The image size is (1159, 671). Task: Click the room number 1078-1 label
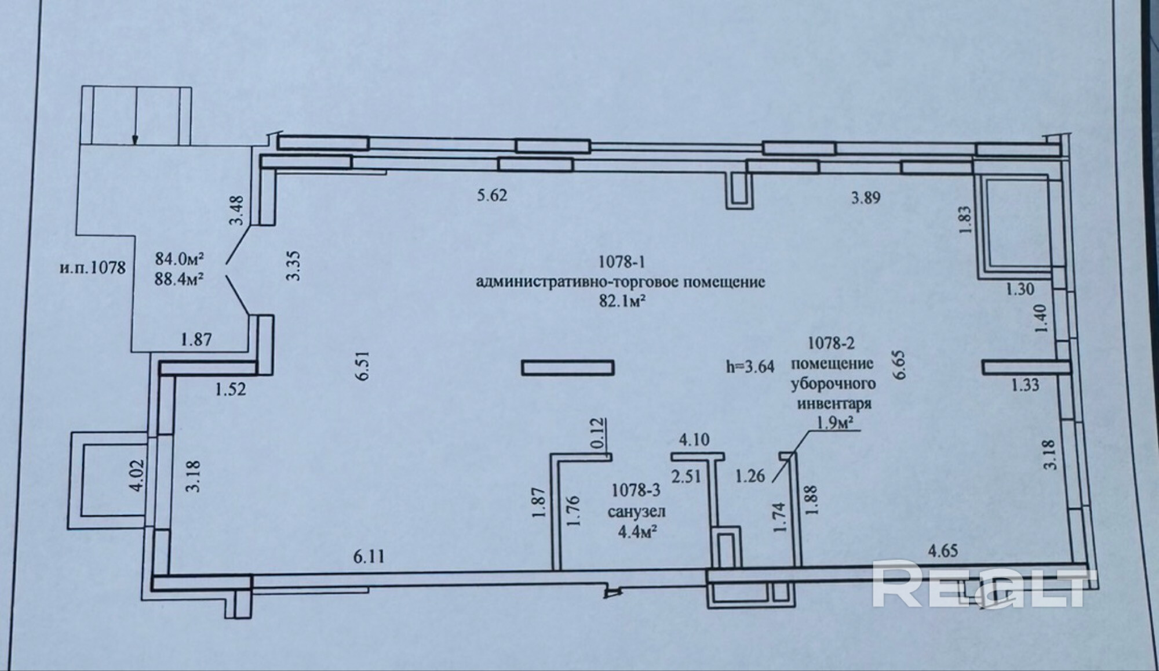[621, 262]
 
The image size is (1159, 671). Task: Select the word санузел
[636, 512]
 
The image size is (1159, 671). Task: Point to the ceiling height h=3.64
[750, 367]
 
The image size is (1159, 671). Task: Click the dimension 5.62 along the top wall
[491, 195]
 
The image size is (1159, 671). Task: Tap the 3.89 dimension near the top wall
[866, 198]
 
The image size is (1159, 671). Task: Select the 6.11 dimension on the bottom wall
[369, 557]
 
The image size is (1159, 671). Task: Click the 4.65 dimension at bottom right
[943, 551]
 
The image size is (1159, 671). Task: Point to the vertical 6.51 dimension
[363, 367]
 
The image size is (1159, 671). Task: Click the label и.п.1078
[92, 268]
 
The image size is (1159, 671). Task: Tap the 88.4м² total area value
[179, 280]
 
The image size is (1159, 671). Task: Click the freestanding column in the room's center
[567, 368]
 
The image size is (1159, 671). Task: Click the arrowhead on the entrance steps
[135, 139]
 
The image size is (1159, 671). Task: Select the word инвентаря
[834, 403]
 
